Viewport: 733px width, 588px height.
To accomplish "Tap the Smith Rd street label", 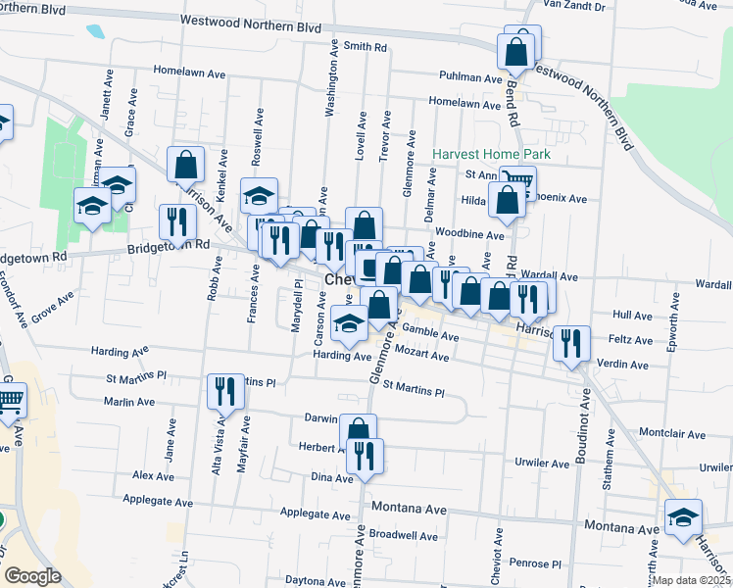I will (x=365, y=46).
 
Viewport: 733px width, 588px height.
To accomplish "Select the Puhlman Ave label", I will (x=470, y=76).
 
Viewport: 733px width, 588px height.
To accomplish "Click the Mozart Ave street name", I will (x=424, y=357).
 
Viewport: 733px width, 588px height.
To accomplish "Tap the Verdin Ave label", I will (x=623, y=365).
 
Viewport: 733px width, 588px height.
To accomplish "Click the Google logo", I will (x=32, y=576).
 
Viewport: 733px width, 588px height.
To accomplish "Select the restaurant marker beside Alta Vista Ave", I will (x=225, y=392).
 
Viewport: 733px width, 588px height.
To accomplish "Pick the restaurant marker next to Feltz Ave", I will (x=571, y=343).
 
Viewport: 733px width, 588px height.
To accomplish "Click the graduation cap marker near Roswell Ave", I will (x=260, y=194).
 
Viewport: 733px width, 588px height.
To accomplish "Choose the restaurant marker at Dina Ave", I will (x=365, y=455).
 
